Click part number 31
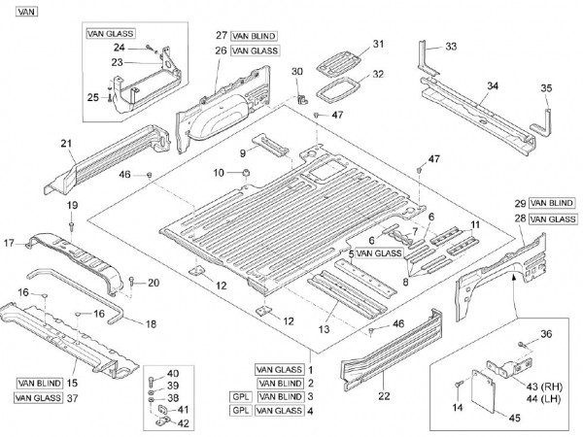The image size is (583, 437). pyautogui.click(x=379, y=43)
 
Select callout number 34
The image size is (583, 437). pyautogui.click(x=493, y=85)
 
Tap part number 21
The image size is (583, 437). pyautogui.click(x=67, y=144)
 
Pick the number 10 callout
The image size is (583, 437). pyautogui.click(x=220, y=172)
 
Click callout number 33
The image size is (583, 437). pyautogui.click(x=450, y=47)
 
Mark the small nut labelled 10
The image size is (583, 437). pyautogui.click(x=246, y=172)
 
